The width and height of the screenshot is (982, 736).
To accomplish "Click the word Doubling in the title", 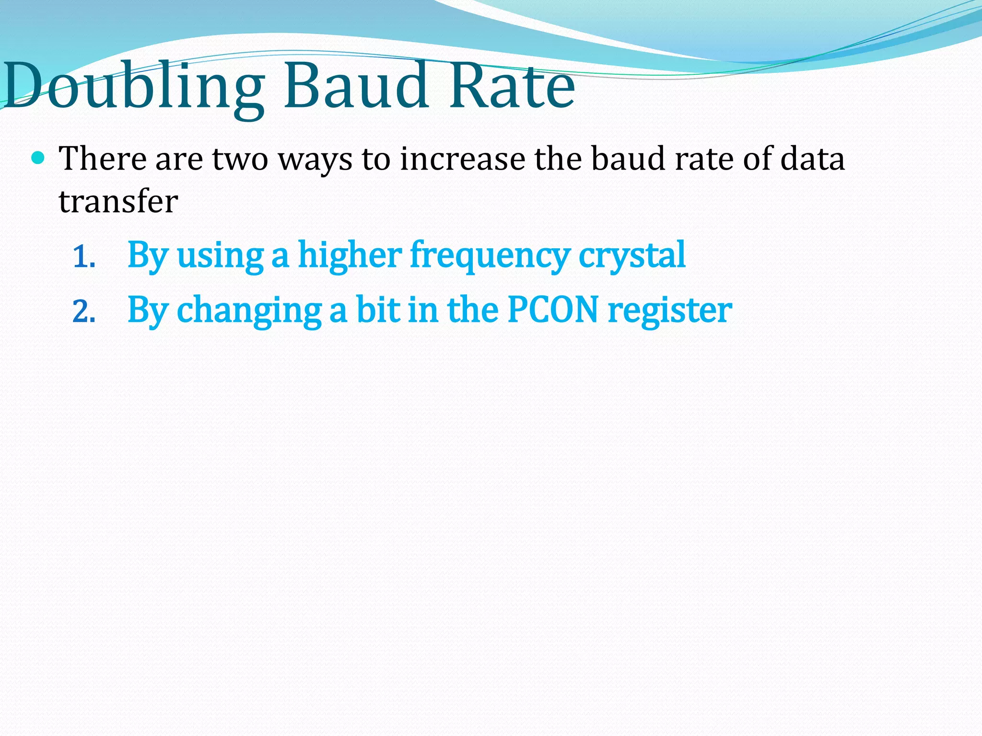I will pyautogui.click(x=134, y=86).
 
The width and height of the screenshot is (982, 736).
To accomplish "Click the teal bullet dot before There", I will pyautogui.click(x=38, y=157).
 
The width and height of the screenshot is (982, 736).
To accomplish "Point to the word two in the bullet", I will pyautogui.click(x=240, y=159).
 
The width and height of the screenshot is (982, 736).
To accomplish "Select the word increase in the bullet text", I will pyautogui.click(x=462, y=159).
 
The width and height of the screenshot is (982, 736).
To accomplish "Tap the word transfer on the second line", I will pyautogui.click(x=118, y=201).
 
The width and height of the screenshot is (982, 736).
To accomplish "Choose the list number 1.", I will pyautogui.click(x=84, y=258).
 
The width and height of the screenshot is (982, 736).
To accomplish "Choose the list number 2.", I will pyautogui.click(x=84, y=312).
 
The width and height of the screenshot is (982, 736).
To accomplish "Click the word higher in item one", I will pyautogui.click(x=350, y=255).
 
